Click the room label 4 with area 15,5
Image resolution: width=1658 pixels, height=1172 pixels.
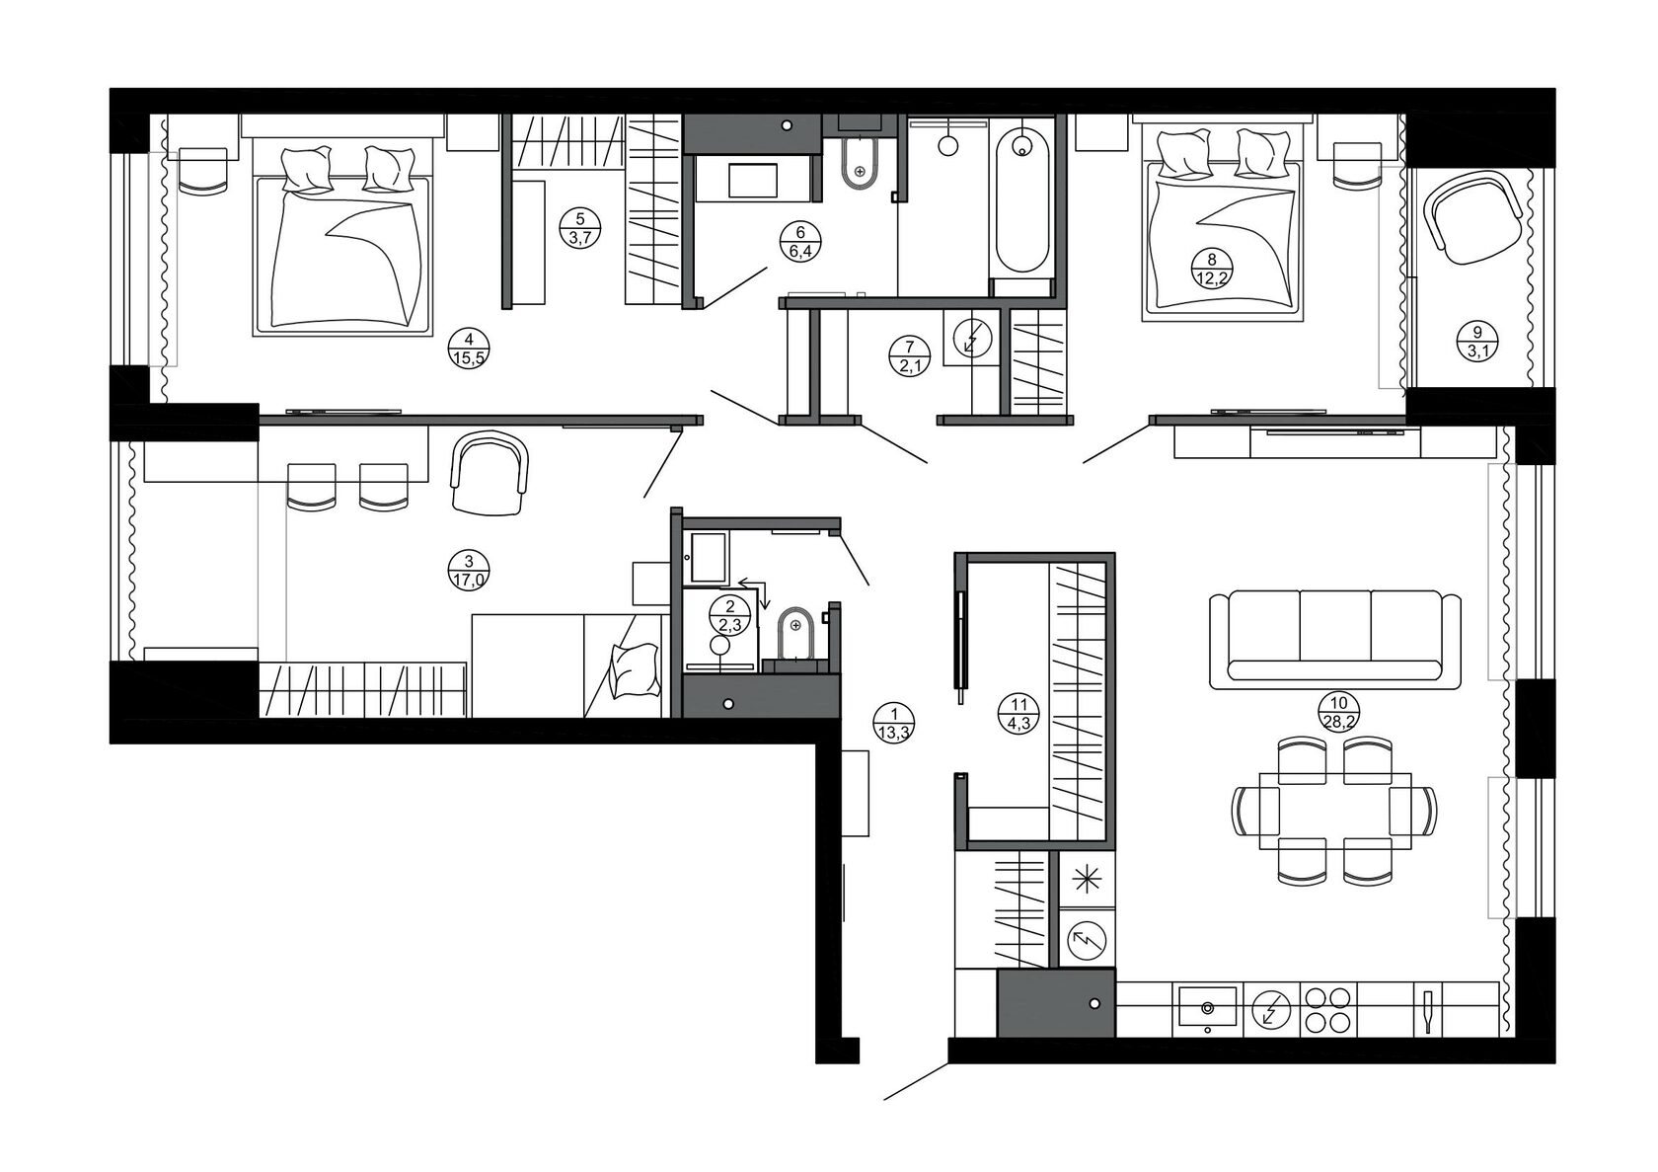(469, 350)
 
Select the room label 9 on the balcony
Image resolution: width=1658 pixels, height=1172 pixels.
(1477, 342)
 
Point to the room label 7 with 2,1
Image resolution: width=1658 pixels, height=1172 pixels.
(909, 356)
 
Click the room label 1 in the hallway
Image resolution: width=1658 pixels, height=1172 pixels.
(893, 724)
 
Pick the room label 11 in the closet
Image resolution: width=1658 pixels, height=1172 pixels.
(1018, 714)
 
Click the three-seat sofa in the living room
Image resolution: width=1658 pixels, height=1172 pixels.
(1335, 639)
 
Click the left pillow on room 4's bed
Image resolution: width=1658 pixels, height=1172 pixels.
(306, 169)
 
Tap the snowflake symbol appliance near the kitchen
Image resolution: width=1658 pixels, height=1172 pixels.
(1088, 879)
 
